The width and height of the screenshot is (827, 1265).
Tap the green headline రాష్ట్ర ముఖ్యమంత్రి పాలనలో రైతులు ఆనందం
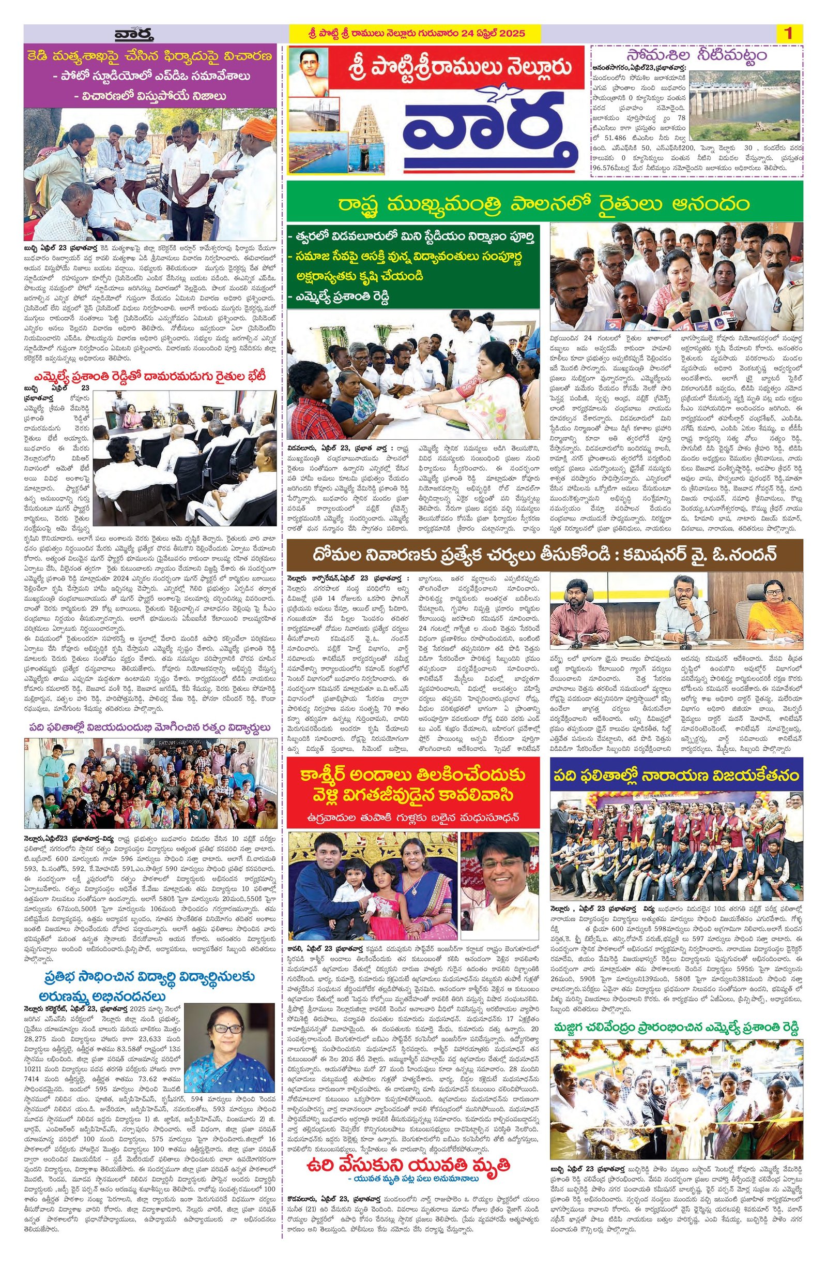544,204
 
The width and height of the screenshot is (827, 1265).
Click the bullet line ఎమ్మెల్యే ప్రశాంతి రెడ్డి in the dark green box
340,295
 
